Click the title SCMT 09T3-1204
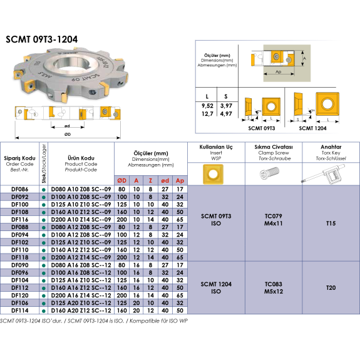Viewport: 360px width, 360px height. point(42,39)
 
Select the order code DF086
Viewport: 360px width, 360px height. point(20,189)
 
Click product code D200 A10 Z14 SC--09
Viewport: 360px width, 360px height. point(81,220)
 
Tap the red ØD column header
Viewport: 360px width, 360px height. point(121,181)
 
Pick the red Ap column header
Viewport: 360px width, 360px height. point(180,181)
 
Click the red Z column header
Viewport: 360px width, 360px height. point(150,181)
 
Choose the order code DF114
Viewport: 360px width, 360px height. point(20,311)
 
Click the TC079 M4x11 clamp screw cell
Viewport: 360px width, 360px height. point(274,220)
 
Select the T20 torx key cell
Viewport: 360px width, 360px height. point(331,287)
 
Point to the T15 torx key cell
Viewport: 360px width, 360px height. point(331,223)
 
